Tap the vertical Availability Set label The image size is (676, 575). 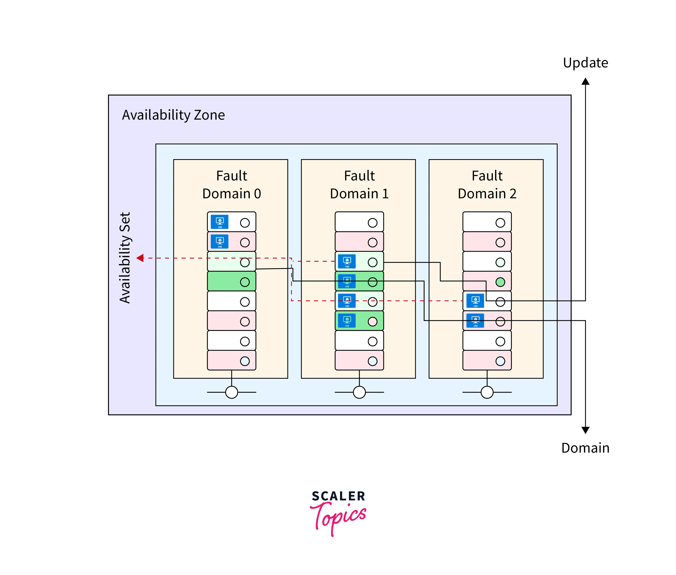125,257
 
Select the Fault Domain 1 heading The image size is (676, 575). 359,185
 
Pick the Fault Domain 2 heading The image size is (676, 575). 487,185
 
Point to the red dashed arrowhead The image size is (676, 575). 140,258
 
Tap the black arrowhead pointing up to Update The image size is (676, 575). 585,81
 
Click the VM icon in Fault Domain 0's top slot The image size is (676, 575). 220,222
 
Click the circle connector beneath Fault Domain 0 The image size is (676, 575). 231,392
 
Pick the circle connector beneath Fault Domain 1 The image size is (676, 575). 359,392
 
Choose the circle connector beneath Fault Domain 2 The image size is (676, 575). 487,392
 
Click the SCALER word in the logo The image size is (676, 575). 338,496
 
